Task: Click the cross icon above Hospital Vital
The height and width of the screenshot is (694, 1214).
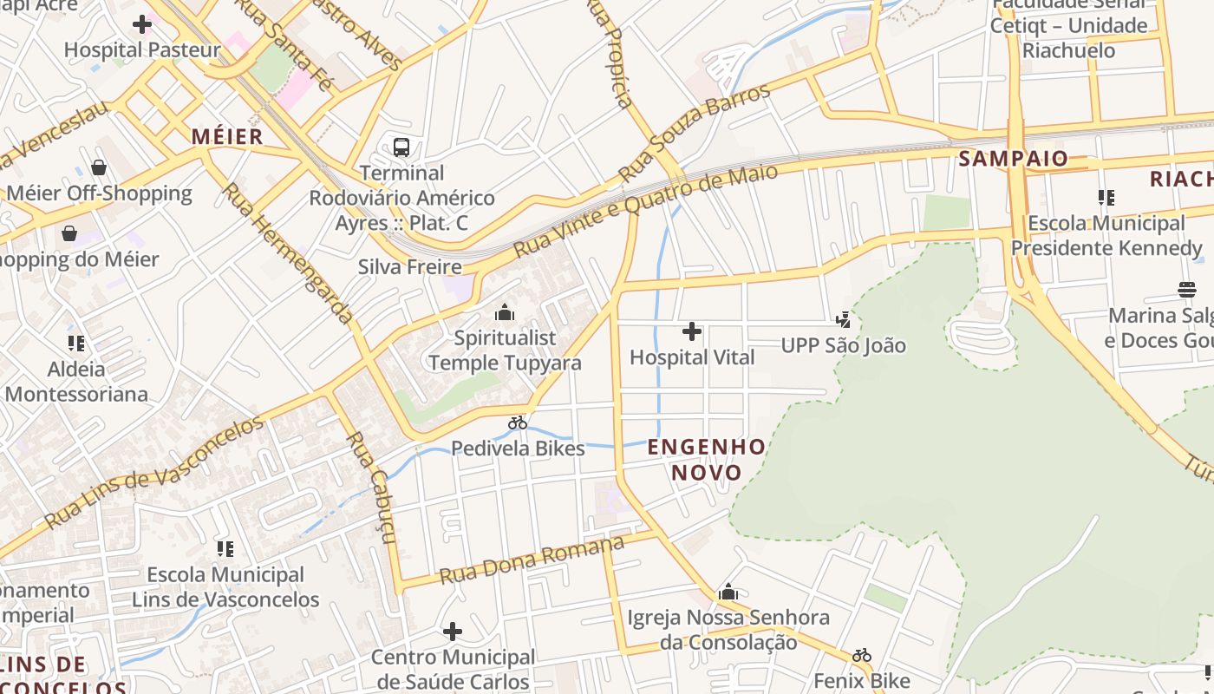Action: [x=691, y=331]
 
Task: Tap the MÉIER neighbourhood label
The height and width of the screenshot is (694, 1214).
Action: [x=226, y=136]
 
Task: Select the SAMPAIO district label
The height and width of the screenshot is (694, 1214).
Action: [x=1013, y=159]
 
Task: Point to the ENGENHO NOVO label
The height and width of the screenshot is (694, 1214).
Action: [x=707, y=460]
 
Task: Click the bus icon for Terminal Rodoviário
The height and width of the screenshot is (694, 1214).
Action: [x=401, y=147]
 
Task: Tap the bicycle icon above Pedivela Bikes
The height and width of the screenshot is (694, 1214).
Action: [x=518, y=422]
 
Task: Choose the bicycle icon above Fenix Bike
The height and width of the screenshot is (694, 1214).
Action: [x=861, y=655]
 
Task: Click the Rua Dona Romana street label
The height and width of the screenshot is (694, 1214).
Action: [x=531, y=560]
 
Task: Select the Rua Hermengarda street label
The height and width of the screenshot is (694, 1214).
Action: [x=288, y=252]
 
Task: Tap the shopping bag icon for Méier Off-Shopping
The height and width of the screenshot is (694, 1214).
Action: [x=99, y=167]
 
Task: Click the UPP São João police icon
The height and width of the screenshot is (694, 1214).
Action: [x=843, y=320]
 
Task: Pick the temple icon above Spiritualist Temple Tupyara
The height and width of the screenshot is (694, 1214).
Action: [x=505, y=312]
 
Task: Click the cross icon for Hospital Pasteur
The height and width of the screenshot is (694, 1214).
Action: [x=142, y=24]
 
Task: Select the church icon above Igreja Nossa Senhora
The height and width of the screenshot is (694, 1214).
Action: [x=728, y=593]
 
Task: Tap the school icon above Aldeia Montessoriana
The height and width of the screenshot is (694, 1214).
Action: [x=76, y=344]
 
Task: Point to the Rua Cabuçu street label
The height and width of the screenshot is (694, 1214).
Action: [x=371, y=487]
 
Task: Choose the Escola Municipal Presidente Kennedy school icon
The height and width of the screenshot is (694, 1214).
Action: [x=1106, y=198]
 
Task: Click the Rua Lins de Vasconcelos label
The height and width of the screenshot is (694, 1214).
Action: [x=153, y=473]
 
